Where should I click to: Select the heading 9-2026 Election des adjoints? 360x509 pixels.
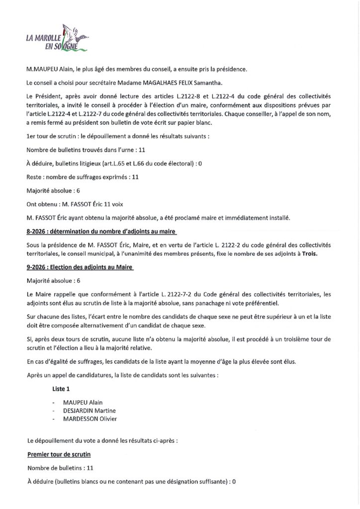pyautogui.click(x=81, y=267)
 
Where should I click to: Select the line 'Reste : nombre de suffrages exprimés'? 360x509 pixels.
pyautogui.click(x=82, y=176)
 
